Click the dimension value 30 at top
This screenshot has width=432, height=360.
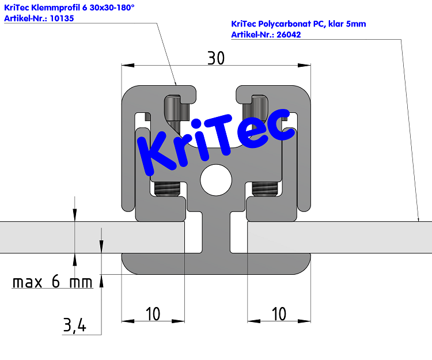pyautogui.click(x=215, y=58)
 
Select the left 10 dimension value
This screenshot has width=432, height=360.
pyautogui.click(x=153, y=314)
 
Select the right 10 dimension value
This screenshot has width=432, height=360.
pyautogui.click(x=278, y=314)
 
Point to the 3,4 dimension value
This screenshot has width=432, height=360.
pyautogui.click(x=74, y=326)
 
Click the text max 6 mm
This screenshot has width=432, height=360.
pyautogui.click(x=52, y=283)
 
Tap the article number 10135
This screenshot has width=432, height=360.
pyautogui.click(x=62, y=18)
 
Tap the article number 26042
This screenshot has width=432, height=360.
pyautogui.click(x=289, y=35)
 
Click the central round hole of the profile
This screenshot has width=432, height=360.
pyautogui.click(x=215, y=180)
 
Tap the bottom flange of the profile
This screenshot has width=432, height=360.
pyautogui.click(x=215, y=263)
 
